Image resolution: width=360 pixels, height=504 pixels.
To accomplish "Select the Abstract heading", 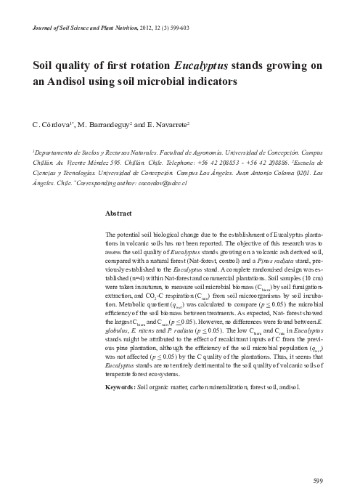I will click(118, 214).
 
